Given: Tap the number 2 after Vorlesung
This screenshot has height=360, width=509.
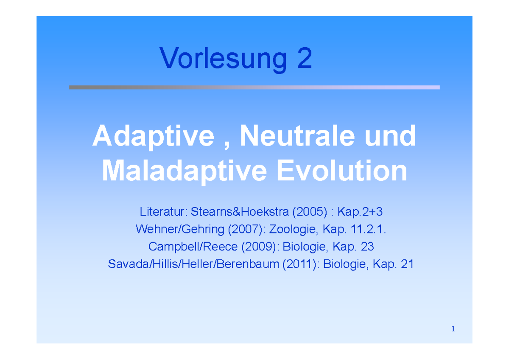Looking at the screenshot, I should click(304, 59).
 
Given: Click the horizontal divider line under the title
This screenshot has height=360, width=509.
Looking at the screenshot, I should click(255, 87).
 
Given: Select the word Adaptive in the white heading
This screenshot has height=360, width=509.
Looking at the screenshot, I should click(153, 137).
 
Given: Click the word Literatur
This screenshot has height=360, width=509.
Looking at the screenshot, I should click(163, 211).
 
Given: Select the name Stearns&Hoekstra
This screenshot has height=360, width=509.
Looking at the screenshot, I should click(237, 211).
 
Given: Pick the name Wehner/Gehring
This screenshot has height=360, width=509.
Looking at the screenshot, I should click(180, 229).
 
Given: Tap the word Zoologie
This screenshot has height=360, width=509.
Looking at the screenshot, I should click(293, 229).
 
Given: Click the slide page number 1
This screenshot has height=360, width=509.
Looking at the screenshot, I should click(453, 329).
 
